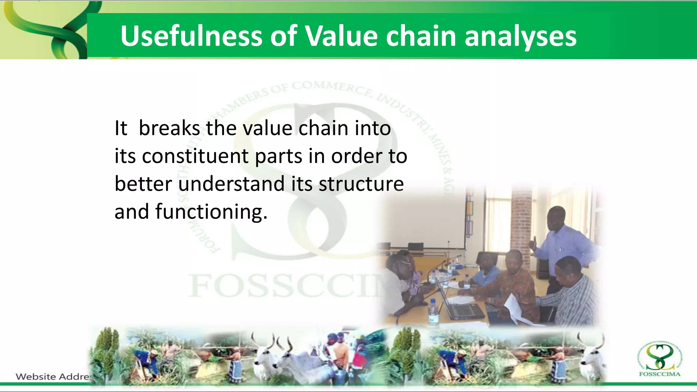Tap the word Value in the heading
pyautogui.click(x=341, y=36)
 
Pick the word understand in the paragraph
pyautogui.click(x=231, y=184)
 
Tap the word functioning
pyautogui.click(x=211, y=212)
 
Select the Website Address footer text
pyautogui.click(x=54, y=377)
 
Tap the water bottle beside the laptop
pyautogui.click(x=433, y=311)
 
